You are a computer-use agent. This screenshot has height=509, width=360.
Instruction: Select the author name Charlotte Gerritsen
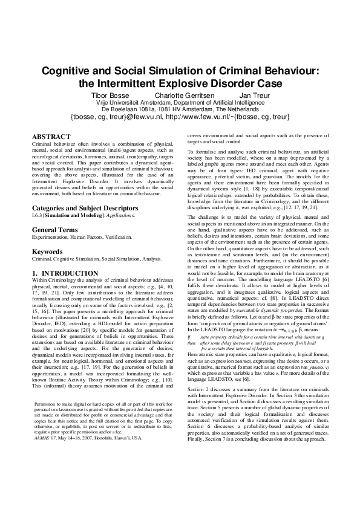click(182, 96)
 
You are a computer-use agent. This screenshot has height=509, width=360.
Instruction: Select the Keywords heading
click(47, 251)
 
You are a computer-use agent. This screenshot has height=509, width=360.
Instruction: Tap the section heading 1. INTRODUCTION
click(62, 273)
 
